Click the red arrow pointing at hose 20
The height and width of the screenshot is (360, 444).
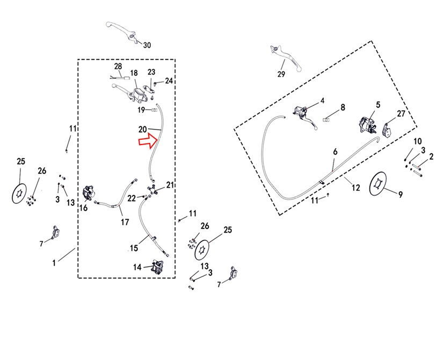pyautogui.click(x=148, y=141)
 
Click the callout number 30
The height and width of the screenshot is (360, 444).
pyautogui.click(x=147, y=45)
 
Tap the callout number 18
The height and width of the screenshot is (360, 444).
pyautogui.click(x=134, y=73)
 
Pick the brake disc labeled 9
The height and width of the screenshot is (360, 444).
pyautogui.click(x=378, y=183)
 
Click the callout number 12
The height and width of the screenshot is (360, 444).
pyautogui.click(x=355, y=188)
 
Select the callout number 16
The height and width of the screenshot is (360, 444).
pyautogui.click(x=83, y=208)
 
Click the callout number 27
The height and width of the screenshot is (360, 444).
pyautogui.click(x=401, y=114)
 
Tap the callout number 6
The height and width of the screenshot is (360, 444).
pyautogui.click(x=335, y=152)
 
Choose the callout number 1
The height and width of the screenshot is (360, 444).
pyautogui.click(x=54, y=263)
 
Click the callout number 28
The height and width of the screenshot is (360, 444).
pyautogui.click(x=118, y=66)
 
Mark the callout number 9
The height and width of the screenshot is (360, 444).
pyautogui.click(x=401, y=195)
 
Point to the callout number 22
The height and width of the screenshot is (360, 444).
pyautogui.click(x=132, y=198)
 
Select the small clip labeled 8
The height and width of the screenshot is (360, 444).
pyautogui.click(x=326, y=120)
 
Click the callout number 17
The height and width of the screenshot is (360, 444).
pyautogui.click(x=125, y=222)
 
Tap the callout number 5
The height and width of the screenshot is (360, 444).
pyautogui.click(x=379, y=105)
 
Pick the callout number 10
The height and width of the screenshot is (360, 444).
pyautogui.click(x=418, y=141)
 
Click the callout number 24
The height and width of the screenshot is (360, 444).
pyautogui.click(x=169, y=81)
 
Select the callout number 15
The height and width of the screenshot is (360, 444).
pyautogui.click(x=134, y=248)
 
